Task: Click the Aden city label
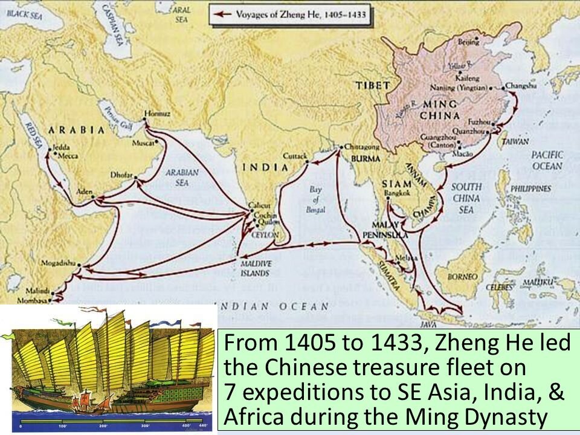click(84, 192)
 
